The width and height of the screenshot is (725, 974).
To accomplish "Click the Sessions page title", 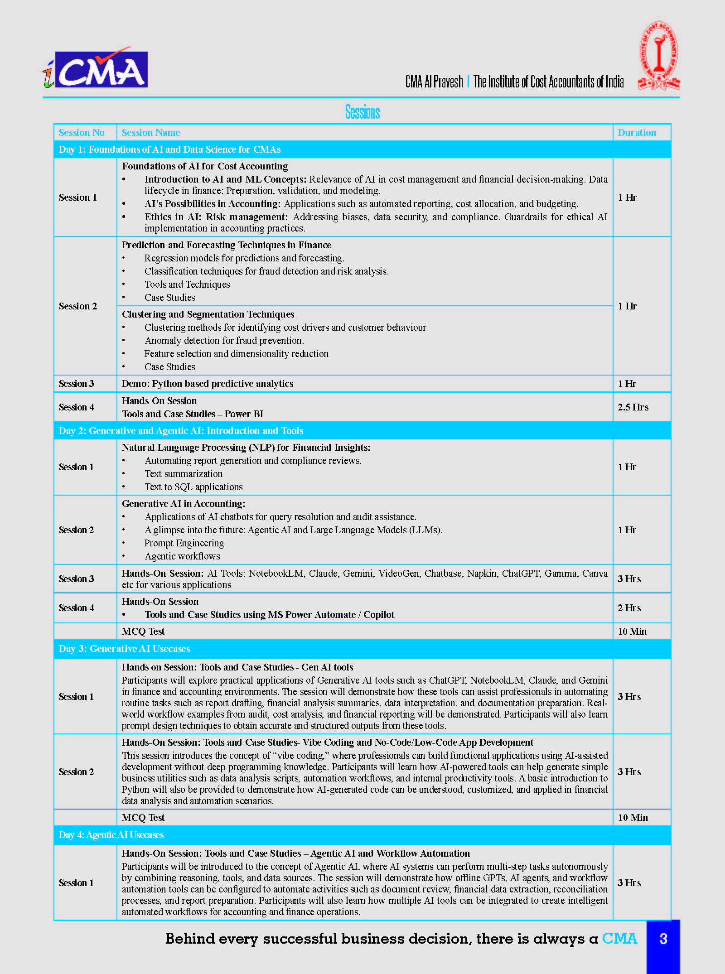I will (x=362, y=111).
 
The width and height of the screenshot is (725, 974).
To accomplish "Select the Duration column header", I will (x=637, y=133).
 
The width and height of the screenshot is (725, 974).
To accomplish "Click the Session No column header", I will (x=82, y=133).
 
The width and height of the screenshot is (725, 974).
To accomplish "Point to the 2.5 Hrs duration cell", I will (x=633, y=407).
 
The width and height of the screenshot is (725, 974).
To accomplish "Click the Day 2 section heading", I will (x=181, y=431).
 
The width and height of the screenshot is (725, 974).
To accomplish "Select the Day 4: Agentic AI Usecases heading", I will (x=111, y=835).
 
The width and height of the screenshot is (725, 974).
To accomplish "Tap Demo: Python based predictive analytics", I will (x=208, y=384).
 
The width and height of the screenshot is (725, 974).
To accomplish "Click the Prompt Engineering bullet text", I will (x=184, y=543).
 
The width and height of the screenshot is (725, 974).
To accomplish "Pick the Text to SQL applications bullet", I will (x=193, y=487).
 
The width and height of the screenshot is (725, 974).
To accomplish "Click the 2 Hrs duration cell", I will (x=629, y=608).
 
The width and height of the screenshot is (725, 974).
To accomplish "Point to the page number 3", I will (x=663, y=939).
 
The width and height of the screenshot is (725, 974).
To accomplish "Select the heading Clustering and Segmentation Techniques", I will (x=208, y=314).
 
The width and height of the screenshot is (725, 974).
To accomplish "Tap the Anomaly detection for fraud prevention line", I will (x=224, y=341).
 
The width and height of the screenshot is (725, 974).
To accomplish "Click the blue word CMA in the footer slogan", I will (x=619, y=938).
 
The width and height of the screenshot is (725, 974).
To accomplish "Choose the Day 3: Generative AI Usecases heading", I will (x=124, y=649).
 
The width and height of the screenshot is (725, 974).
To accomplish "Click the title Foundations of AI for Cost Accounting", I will (x=205, y=166).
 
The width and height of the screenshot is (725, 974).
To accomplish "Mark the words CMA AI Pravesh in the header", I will (x=434, y=82).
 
